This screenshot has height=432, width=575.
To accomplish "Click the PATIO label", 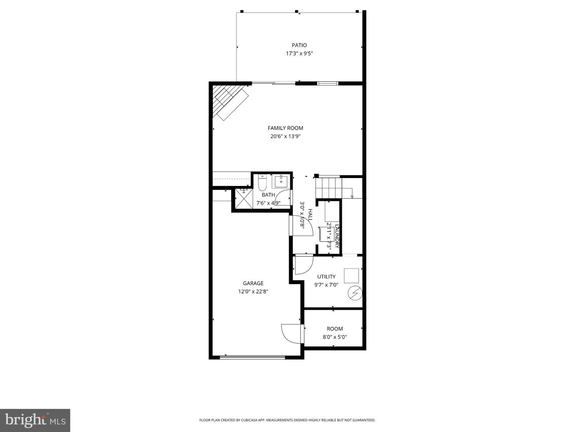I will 299,45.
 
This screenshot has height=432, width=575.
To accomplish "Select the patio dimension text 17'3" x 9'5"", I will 299,54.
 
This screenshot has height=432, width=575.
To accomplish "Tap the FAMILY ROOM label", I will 285,128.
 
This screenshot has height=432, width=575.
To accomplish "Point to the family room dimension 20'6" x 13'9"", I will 285,136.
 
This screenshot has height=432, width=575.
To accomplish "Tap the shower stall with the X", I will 242,198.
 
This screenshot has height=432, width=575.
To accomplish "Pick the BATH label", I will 268,195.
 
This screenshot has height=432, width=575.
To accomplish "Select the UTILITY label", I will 326,276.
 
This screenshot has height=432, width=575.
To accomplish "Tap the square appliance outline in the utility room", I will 351,276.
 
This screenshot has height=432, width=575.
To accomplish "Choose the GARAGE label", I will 253,283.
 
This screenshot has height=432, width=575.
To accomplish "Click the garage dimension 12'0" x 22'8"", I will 253,292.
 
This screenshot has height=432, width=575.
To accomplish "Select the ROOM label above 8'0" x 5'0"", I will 335,329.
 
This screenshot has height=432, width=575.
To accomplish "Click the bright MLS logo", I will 35,420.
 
